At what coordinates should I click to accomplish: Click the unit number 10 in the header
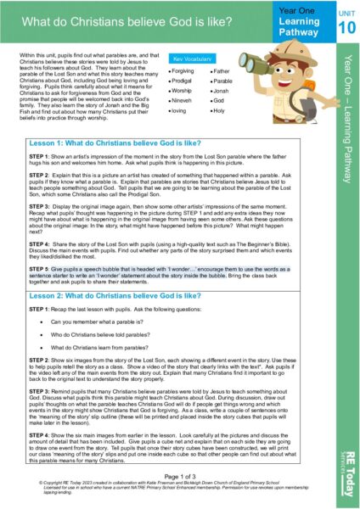pyautogui.click(x=340, y=27)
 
